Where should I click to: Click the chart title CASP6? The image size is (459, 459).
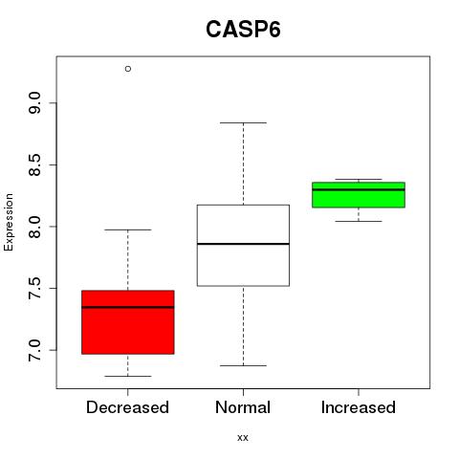coord(243,30)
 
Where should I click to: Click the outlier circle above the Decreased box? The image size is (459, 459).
coord(128,69)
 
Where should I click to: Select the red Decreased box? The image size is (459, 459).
coord(128,322)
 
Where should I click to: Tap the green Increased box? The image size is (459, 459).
coord(359,195)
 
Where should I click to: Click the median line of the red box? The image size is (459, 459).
coord(128,307)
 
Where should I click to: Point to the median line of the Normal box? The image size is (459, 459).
coord(243,244)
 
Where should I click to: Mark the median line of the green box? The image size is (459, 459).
coord(359,189)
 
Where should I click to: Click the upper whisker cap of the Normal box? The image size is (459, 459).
coord(243,122)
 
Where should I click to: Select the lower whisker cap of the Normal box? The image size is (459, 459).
coord(243,365)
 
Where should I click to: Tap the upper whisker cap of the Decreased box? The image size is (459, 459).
coord(128,229)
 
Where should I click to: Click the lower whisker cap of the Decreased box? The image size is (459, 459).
coord(128,376)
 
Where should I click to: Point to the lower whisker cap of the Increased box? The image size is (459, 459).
coord(359,221)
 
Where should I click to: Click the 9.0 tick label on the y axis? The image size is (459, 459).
coord(34,103)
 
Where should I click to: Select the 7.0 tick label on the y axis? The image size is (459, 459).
coord(34,350)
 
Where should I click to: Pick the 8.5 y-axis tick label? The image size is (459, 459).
coord(34,164)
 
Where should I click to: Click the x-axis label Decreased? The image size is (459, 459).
coord(127,407)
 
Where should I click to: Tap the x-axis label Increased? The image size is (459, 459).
coord(359,407)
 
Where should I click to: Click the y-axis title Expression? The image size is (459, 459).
coord(9,222)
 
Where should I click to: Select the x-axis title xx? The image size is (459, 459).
coord(243,438)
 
